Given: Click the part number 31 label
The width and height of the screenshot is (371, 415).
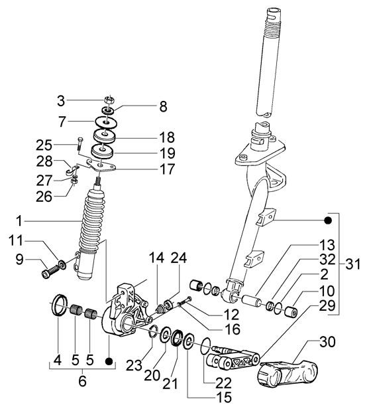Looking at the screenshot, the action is click(x=352, y=264).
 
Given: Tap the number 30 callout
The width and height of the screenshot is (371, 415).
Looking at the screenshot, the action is click(x=327, y=342).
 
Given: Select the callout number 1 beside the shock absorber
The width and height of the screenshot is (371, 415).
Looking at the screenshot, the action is click(x=19, y=220).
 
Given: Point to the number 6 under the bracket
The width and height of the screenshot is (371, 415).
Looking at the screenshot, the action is click(x=82, y=381).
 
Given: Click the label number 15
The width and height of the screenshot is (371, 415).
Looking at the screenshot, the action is click(x=224, y=397).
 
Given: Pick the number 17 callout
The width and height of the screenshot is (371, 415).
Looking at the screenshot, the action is click(x=168, y=169).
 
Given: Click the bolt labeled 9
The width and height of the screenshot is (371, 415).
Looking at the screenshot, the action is click(x=51, y=271).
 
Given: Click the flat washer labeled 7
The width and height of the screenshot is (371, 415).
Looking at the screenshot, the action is click(x=106, y=123).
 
